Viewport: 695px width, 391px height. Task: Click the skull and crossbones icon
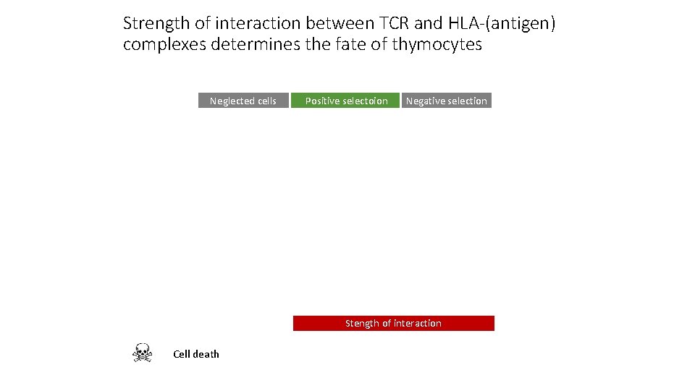pyautogui.click(x=142, y=353)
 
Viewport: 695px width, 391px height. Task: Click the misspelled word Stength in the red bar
pyautogui.click(x=362, y=324)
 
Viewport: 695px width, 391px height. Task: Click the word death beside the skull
pyautogui.click(x=206, y=354)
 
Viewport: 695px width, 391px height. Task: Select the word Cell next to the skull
pyautogui.click(x=181, y=354)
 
